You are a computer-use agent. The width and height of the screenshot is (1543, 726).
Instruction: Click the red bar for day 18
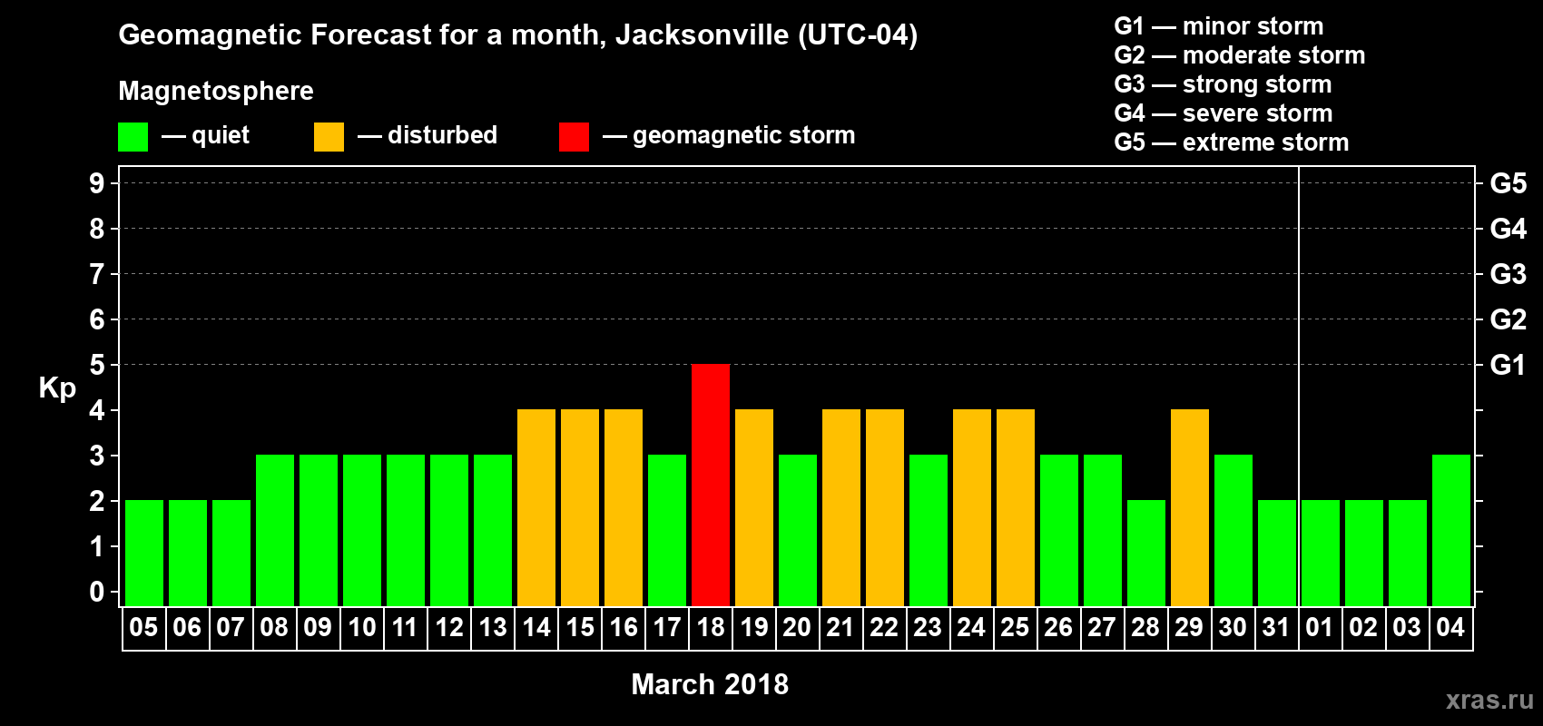(711, 485)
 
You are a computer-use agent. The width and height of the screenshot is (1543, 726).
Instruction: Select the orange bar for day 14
(536, 507)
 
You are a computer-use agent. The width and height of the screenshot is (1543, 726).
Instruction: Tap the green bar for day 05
(144, 553)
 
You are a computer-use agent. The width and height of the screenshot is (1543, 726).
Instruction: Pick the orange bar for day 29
(1190, 507)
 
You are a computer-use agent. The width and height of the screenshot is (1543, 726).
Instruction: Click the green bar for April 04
(1451, 530)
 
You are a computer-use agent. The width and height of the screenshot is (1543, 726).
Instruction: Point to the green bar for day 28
(1146, 553)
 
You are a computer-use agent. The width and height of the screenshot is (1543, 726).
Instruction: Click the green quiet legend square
(133, 137)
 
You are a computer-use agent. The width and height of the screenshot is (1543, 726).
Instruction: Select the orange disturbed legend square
(329, 137)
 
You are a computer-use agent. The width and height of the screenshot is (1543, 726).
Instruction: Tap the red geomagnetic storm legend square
(574, 137)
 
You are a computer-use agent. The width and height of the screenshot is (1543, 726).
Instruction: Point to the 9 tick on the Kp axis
(97, 183)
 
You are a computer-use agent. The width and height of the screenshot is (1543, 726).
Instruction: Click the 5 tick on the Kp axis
(97, 365)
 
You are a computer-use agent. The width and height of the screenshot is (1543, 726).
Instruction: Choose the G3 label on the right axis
(1508, 274)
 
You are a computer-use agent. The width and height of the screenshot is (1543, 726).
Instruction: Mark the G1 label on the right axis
(1508, 365)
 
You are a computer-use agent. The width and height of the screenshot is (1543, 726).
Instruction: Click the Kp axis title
(57, 388)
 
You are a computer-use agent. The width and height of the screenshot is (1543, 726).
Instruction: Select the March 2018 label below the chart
(710, 684)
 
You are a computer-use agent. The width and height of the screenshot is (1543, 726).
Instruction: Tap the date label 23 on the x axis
(928, 628)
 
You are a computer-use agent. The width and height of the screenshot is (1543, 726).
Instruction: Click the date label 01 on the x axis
(1320, 628)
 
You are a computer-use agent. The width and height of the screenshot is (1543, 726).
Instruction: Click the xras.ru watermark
(1489, 700)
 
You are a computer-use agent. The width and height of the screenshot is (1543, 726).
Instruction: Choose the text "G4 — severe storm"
(1224, 113)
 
